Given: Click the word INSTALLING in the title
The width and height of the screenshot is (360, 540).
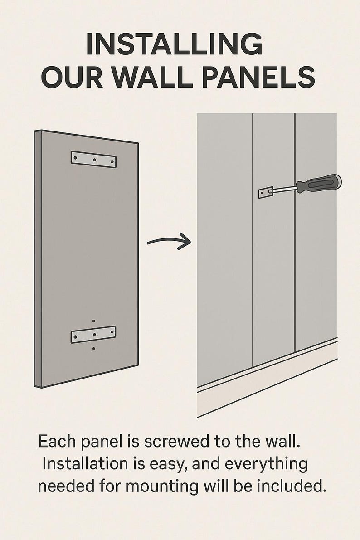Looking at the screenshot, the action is coord(174,44).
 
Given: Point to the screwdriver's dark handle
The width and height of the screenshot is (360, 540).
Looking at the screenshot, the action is coord(318,184).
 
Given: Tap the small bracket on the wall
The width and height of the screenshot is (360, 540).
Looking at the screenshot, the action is coord(265,193).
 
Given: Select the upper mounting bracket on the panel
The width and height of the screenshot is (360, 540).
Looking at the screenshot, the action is coord(93,160).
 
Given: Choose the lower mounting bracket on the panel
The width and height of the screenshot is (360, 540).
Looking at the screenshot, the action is coord(93,335).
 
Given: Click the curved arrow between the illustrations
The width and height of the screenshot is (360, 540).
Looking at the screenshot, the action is coord(169,241).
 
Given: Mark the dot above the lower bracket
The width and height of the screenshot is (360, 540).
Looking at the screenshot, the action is coord(94,321).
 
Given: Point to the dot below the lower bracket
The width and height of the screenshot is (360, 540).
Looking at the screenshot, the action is coord(94,349).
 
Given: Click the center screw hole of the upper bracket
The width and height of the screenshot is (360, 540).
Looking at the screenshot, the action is coord(94,160).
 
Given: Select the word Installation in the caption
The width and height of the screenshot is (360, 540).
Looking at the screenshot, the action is coord(85,464).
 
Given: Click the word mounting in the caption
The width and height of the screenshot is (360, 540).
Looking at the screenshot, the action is coord(161,487).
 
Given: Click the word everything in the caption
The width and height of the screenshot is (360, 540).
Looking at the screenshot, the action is coord(266,465).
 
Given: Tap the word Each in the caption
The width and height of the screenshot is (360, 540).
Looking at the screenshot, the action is coord(58,442).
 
